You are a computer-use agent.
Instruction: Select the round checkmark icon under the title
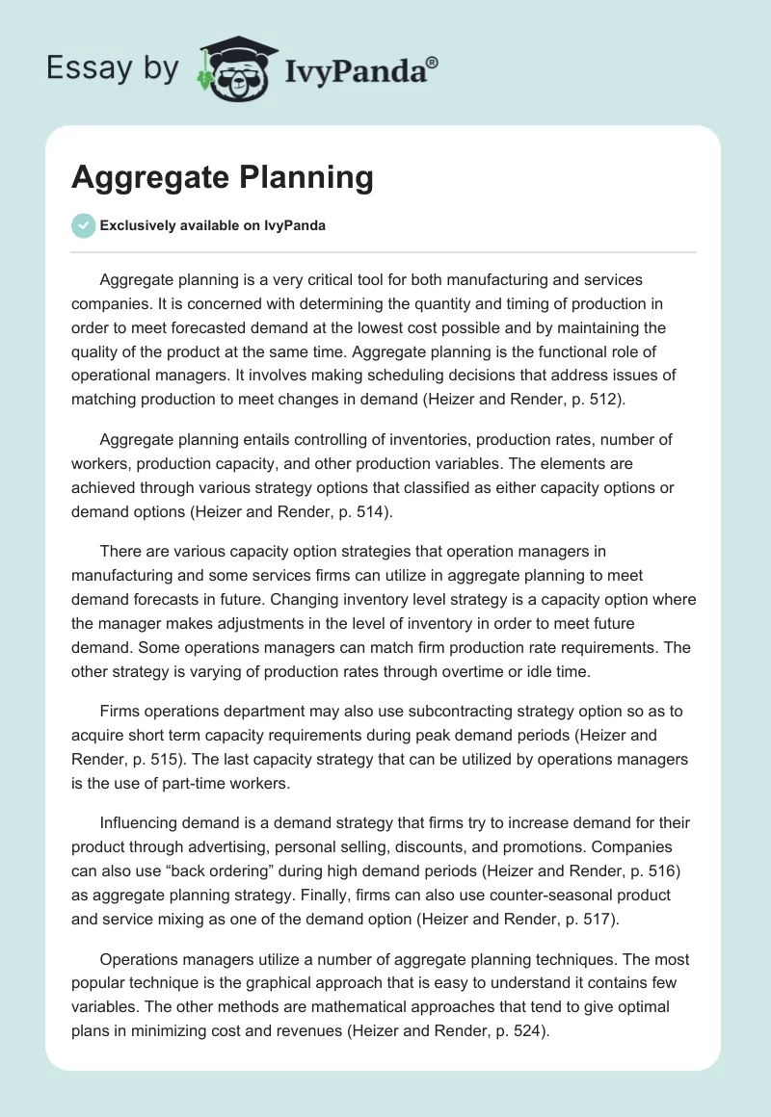tap(83, 226)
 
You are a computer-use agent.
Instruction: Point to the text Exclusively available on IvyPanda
tap(212, 226)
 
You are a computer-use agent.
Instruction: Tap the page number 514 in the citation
tap(370, 513)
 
